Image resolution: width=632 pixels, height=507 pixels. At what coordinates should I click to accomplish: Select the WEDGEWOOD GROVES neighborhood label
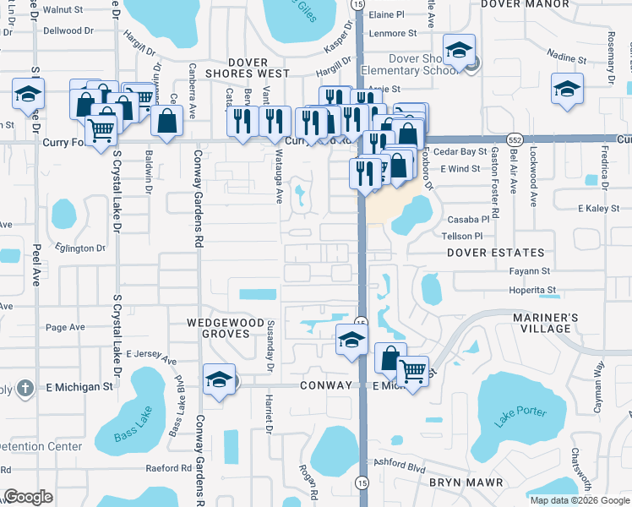[x=220, y=328]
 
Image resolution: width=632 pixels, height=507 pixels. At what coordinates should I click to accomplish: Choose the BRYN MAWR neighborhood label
[x=466, y=482]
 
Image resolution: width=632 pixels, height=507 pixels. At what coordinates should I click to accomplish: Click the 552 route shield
[x=514, y=138]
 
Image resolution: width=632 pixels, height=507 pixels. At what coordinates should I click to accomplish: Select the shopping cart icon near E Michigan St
[x=412, y=370]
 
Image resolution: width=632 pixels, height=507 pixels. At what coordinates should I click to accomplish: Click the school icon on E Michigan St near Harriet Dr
[x=219, y=379]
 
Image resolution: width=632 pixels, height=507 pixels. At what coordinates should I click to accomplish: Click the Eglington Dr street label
[x=82, y=248]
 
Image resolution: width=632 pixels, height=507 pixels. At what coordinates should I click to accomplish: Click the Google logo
[x=28, y=497]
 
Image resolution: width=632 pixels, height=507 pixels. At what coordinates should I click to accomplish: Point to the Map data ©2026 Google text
[x=579, y=500]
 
